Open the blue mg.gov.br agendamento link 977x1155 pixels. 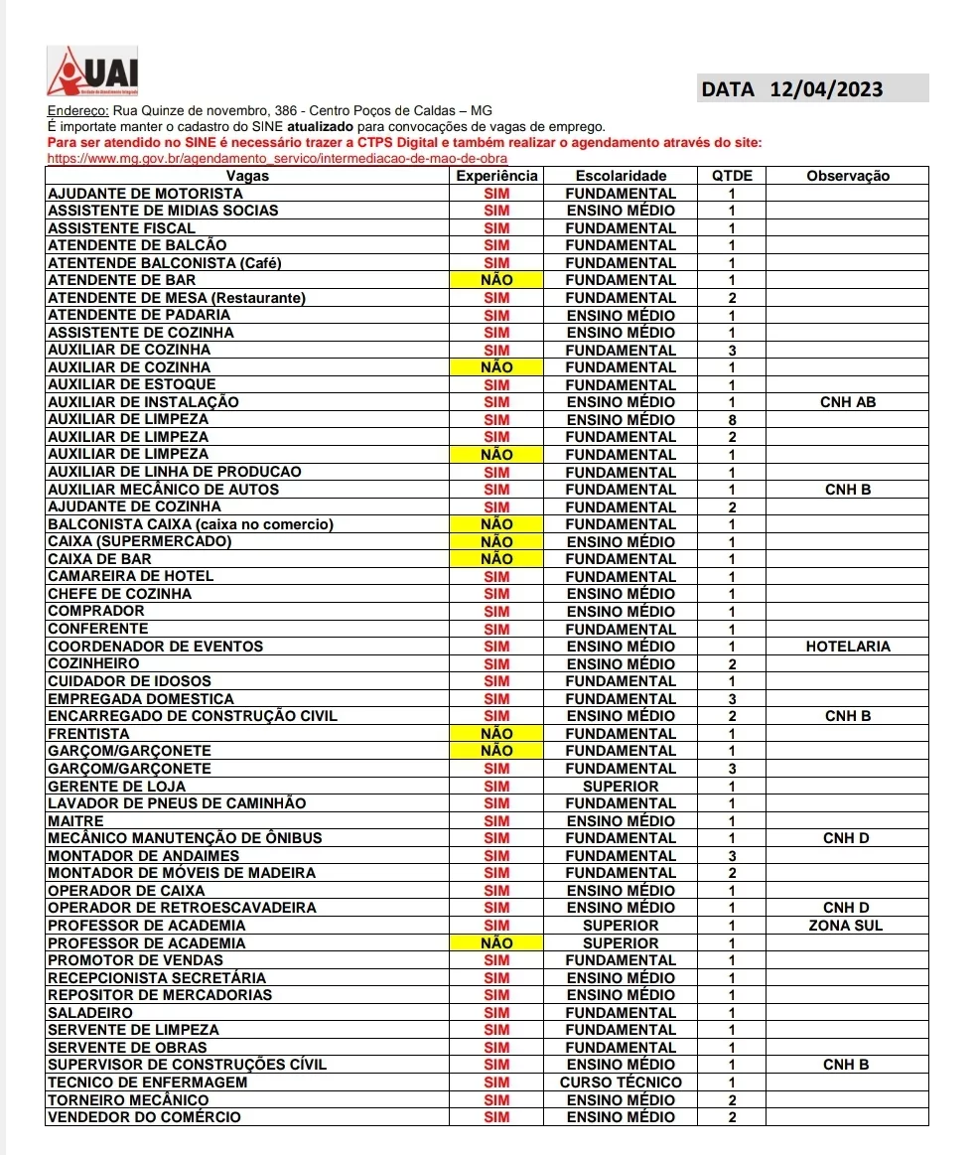pyautogui.click(x=278, y=158)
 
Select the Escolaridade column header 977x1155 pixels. pyautogui.click(x=621, y=176)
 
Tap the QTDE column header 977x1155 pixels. pyautogui.click(x=732, y=176)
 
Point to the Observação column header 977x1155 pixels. pyautogui.click(x=847, y=176)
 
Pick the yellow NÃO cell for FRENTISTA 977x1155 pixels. pyautogui.click(x=496, y=734)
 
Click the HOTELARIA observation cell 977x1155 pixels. pyautogui.click(x=847, y=647)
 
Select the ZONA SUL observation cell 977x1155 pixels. pyautogui.click(x=847, y=926)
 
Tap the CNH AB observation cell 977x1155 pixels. pyautogui.click(x=847, y=402)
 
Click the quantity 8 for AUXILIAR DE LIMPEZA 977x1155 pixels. pyautogui.click(x=732, y=420)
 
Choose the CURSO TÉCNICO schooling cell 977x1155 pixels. pyautogui.click(x=621, y=1083)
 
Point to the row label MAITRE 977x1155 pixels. pyautogui.click(x=75, y=821)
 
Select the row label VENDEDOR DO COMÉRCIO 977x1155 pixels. pyautogui.click(x=144, y=1117)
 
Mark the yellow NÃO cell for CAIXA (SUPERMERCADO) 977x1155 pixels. pyautogui.click(x=496, y=542)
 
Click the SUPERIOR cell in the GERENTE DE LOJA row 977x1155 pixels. pyautogui.click(x=621, y=786)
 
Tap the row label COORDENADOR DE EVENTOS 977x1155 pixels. pyautogui.click(x=156, y=647)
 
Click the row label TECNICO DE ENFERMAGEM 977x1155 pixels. pyautogui.click(x=147, y=1083)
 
